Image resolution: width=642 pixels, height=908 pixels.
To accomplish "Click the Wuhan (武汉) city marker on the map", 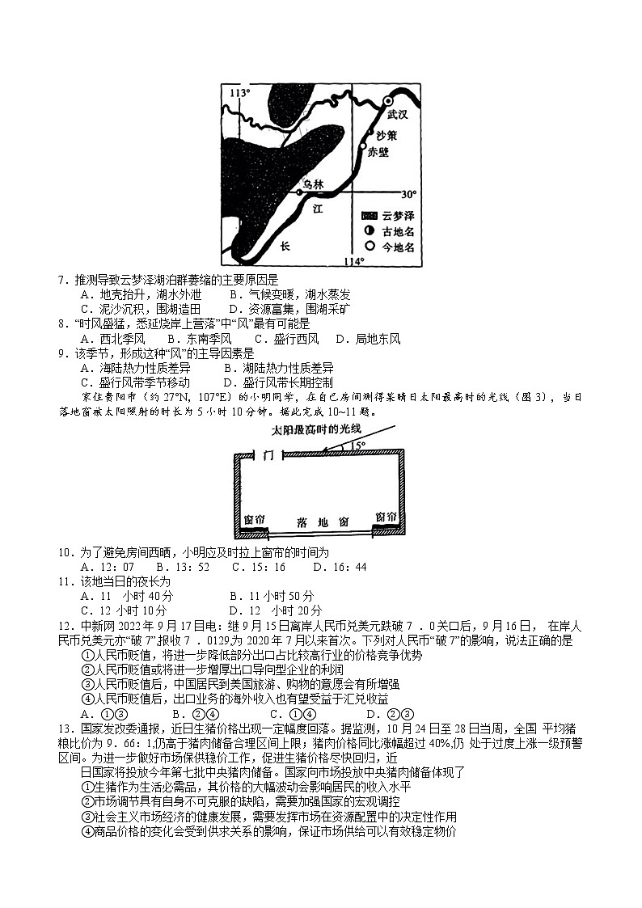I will (388, 101).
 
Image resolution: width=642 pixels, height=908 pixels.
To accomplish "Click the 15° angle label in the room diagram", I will (356, 446).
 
